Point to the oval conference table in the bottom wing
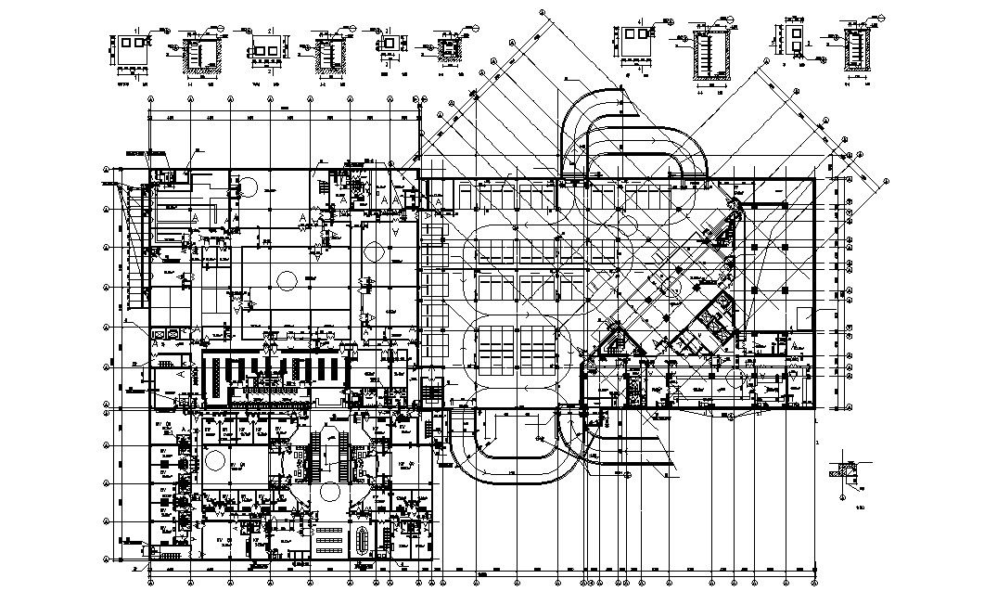[362, 538]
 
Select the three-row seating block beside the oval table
[326, 538]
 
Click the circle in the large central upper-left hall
[288, 279]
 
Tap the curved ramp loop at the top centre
[631, 139]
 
